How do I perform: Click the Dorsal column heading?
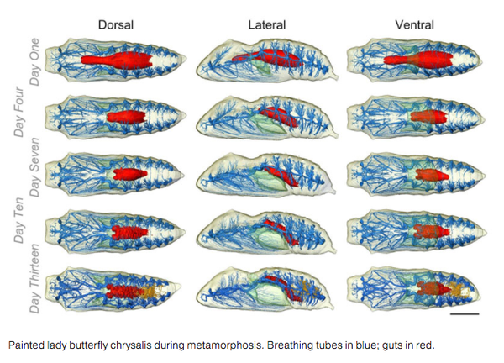116,25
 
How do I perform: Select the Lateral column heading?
267,25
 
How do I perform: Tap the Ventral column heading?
415,25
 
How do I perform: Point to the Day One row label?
34,61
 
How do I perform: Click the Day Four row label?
18,112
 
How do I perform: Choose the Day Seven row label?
34,167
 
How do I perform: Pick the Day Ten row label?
18,220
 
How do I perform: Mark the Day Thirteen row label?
34,278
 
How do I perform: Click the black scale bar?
465,313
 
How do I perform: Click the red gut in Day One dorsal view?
117,60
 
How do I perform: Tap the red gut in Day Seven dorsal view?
130,174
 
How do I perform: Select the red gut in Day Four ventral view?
428,117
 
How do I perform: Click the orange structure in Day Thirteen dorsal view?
154,291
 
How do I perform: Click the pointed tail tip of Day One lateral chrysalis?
338,77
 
